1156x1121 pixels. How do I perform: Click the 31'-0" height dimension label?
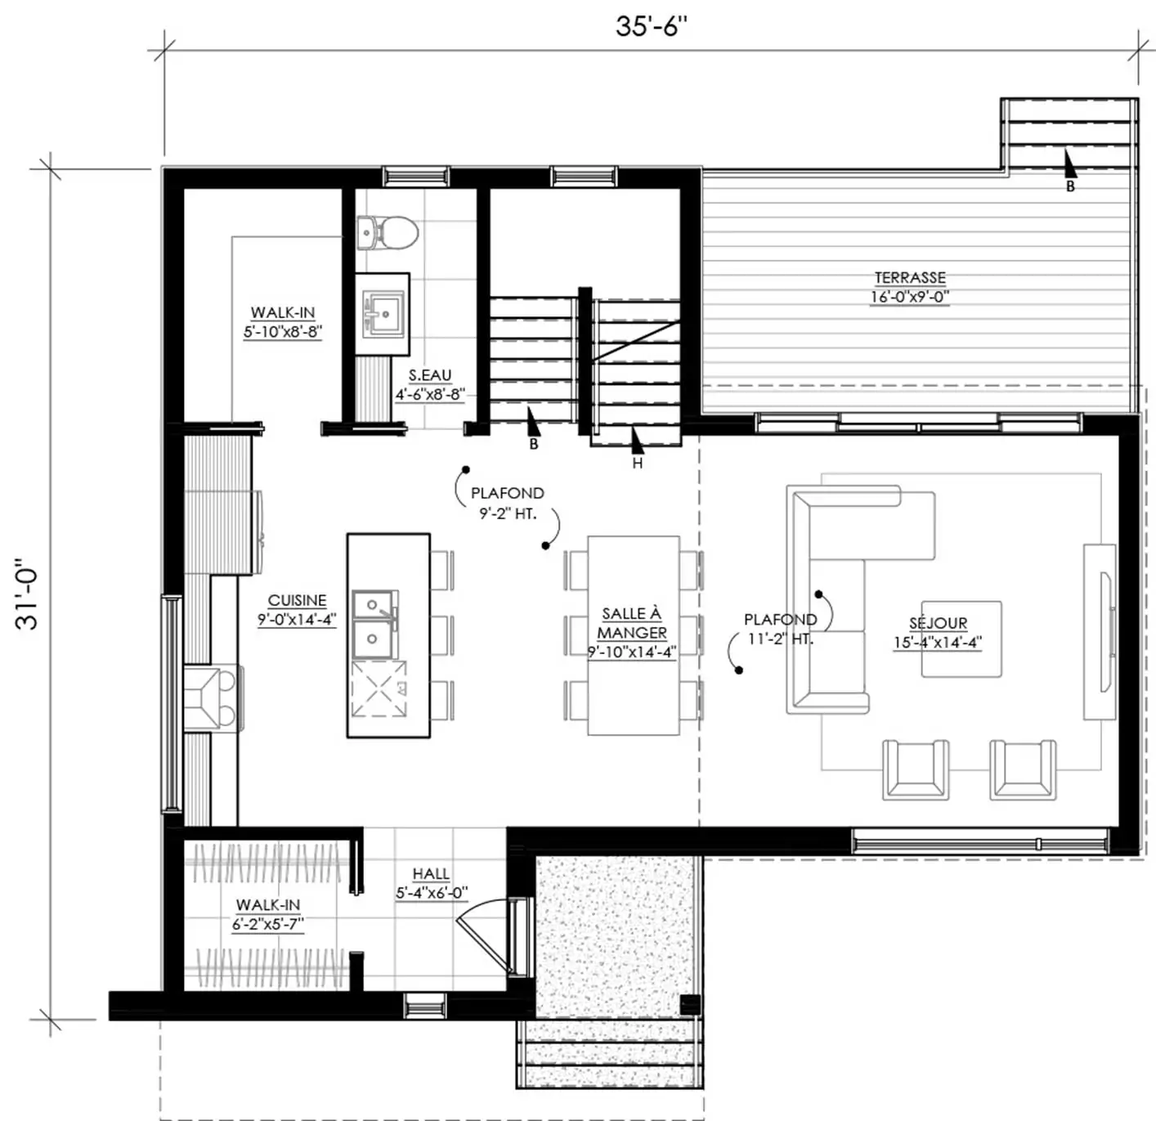pos(27,594)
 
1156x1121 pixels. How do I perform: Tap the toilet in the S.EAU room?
pos(388,232)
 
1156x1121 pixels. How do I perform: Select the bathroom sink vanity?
pos(382,314)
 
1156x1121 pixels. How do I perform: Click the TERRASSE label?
pos(909,277)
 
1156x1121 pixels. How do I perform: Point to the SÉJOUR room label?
pos(938,623)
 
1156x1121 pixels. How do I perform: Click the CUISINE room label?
pos(297,601)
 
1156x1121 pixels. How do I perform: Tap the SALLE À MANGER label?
pos(631,623)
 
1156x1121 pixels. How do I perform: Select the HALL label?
pos(431,874)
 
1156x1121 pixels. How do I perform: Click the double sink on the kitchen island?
pos(374,625)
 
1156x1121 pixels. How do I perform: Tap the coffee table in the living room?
pos(961,639)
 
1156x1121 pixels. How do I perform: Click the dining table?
pos(634,635)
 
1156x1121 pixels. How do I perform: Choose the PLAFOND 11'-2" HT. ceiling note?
pos(780,629)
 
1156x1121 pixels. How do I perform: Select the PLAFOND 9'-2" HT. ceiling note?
pos(508,503)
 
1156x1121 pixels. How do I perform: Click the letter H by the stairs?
pos(638,464)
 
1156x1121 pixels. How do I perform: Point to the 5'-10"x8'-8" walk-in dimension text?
pos(283,332)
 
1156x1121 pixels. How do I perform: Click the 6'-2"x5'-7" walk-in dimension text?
pos(268,925)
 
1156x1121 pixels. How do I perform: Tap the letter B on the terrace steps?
pos(1070,186)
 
